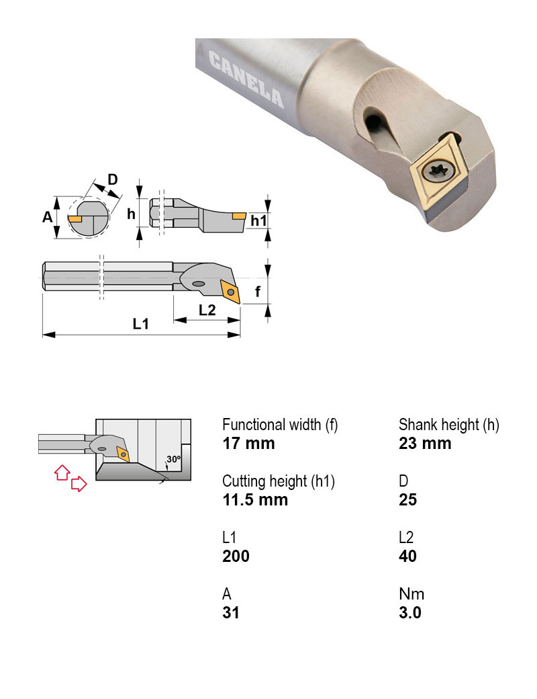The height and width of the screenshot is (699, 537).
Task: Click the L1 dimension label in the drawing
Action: [140, 324]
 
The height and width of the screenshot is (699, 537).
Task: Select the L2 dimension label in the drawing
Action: [207, 309]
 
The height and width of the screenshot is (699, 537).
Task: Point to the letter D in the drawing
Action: [113, 179]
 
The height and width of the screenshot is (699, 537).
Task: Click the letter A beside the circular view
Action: [47, 216]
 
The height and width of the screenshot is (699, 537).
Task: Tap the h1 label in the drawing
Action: [258, 220]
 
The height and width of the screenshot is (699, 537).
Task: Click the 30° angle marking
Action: [174, 459]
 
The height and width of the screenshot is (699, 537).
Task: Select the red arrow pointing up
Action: [61, 472]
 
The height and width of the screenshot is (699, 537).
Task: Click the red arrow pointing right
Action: [79, 483]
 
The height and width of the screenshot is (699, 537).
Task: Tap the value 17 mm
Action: [248, 444]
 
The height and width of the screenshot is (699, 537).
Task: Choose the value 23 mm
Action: [425, 444]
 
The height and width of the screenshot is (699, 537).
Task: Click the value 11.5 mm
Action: [255, 500]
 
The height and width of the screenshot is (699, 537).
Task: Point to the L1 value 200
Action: [236, 557]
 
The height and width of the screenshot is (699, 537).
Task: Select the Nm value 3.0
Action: [409, 613]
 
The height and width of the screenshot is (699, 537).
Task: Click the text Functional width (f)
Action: [280, 425]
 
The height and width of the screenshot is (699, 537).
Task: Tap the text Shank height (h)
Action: [449, 425]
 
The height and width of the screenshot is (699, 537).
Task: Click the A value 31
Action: [230, 613]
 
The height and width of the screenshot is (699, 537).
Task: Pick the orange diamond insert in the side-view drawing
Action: [229, 290]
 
